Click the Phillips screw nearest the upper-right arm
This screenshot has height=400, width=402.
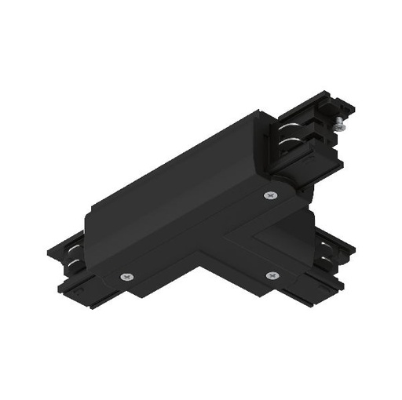click(x=272, y=195)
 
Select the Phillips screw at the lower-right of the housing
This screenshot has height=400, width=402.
click(x=272, y=275)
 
